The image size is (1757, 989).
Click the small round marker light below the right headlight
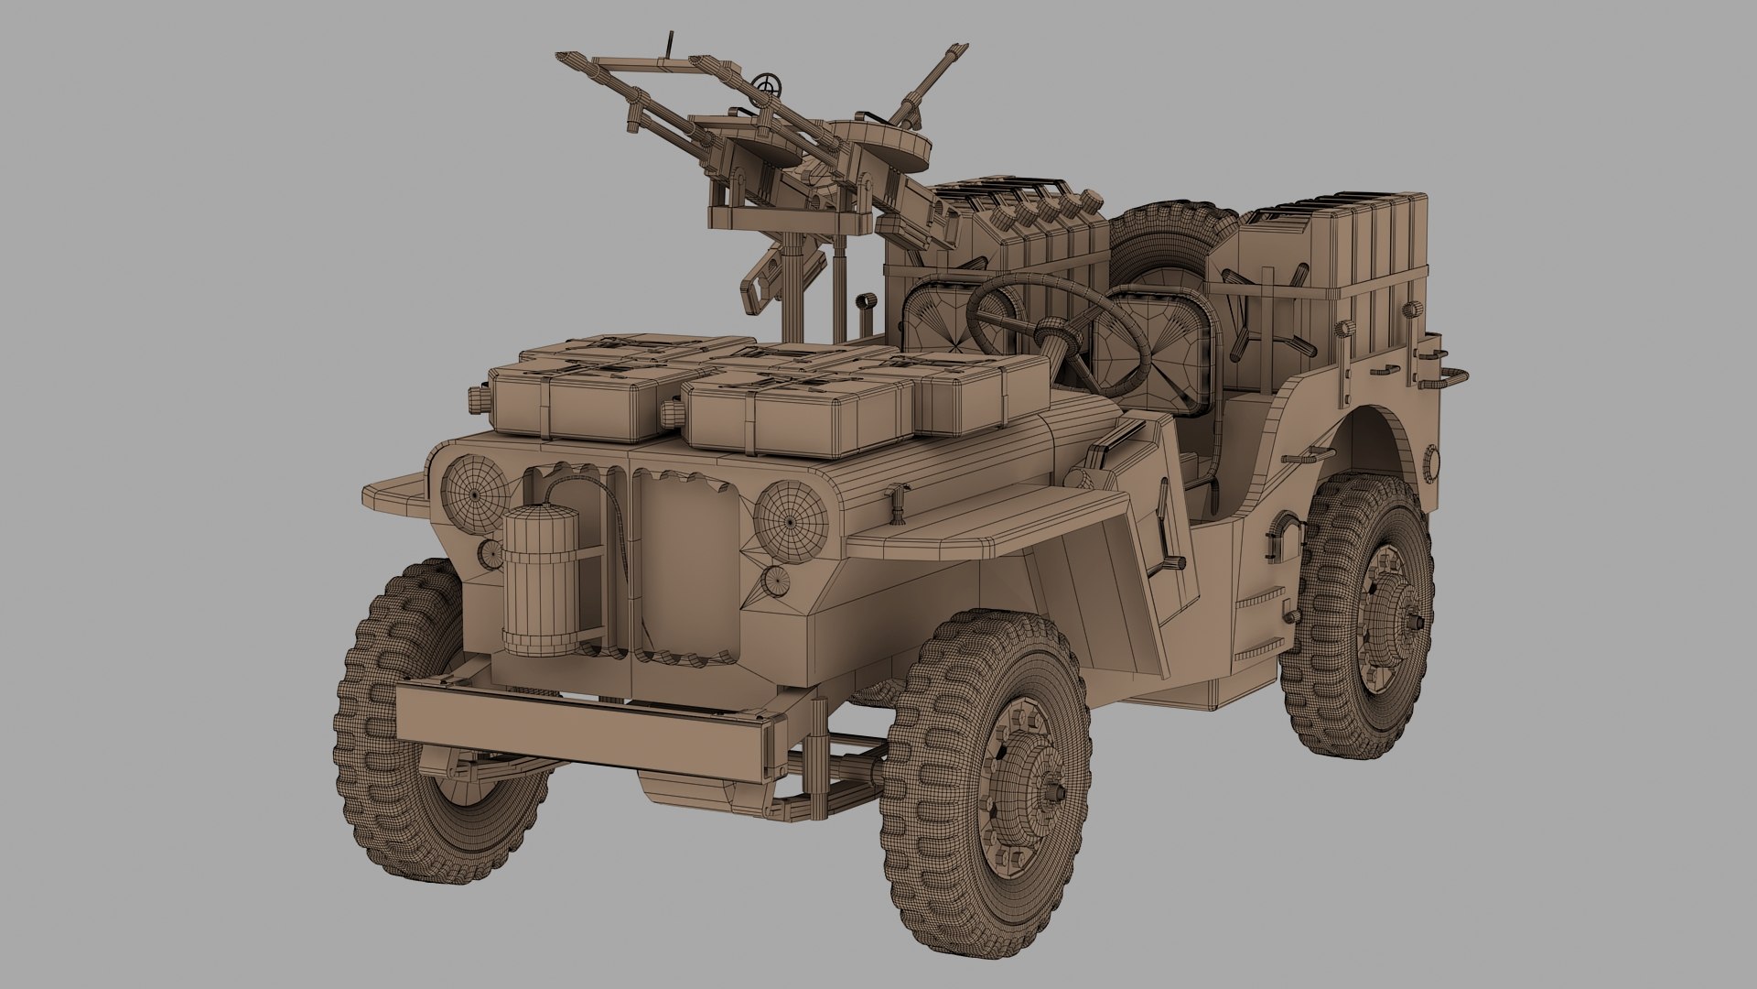(775, 580)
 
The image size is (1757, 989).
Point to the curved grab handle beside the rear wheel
(1285, 531)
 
